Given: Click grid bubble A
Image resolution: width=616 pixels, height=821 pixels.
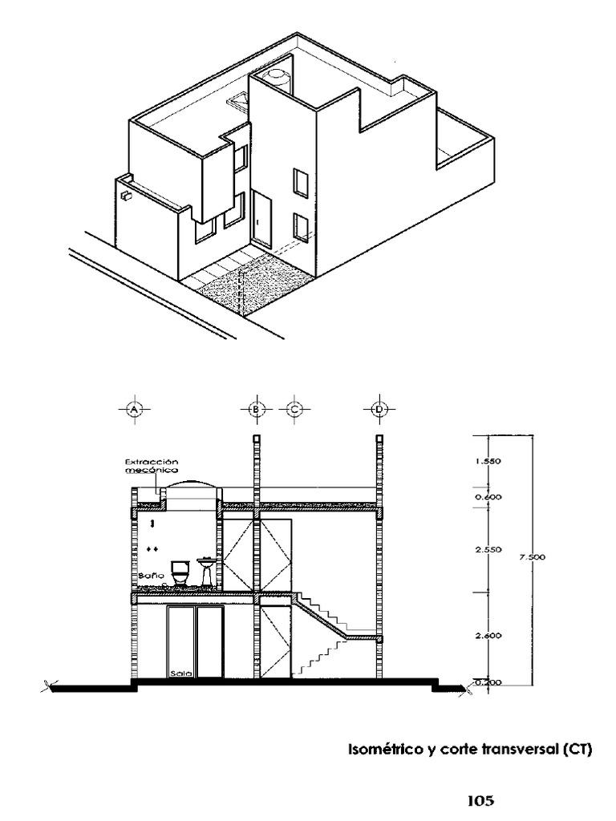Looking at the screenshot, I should click(x=135, y=409).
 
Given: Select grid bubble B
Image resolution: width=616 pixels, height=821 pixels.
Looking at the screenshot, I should click(x=256, y=409).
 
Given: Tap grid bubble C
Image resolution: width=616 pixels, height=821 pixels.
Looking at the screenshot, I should click(x=294, y=409).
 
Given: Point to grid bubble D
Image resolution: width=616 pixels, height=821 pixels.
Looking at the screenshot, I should click(x=379, y=409).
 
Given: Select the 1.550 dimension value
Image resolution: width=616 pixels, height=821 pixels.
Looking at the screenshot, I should click(x=488, y=462).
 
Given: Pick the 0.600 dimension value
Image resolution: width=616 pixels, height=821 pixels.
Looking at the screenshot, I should click(x=488, y=497).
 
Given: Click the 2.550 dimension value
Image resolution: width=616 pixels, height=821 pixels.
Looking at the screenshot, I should click(x=488, y=550).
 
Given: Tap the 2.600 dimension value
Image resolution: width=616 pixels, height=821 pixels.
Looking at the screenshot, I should click(x=488, y=636).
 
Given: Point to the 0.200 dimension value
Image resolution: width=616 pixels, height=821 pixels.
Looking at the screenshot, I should click(x=488, y=681).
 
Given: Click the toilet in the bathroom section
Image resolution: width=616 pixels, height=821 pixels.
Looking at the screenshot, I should click(x=181, y=572).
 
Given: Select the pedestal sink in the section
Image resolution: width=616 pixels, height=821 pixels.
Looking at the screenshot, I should click(x=207, y=570).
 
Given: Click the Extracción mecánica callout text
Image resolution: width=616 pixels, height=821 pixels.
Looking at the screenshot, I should click(x=152, y=467).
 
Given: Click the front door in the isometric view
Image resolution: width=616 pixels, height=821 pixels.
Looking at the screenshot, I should click(x=261, y=218).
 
